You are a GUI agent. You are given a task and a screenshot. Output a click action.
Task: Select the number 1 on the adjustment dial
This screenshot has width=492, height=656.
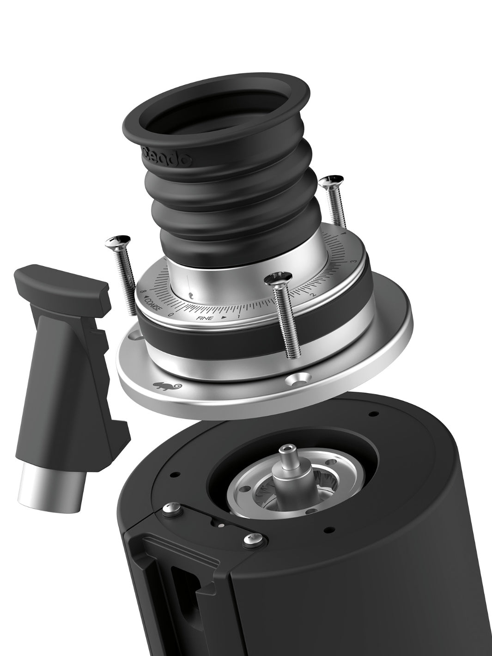(238, 316)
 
